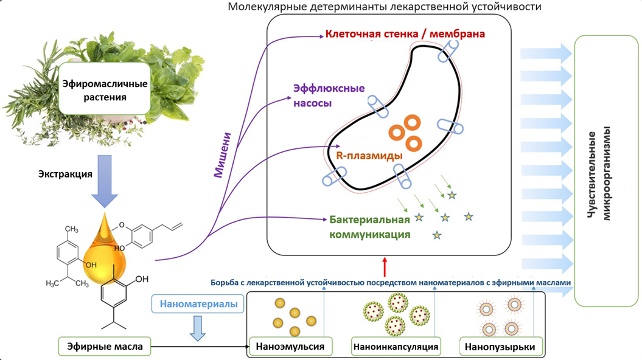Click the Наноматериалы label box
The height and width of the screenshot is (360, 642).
pos(198,303)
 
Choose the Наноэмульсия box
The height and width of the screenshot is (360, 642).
pos(295,347)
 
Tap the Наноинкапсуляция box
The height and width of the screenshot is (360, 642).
pos(396,347)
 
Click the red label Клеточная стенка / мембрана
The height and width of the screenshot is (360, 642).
pos(405,34)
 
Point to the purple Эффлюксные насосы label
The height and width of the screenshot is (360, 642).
pos(329,95)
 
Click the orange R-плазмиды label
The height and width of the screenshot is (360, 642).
pos(369,155)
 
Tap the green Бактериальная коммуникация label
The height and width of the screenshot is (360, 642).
pos(369,226)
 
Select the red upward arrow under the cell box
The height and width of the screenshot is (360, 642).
pos(385,266)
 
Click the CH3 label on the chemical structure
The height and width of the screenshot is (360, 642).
pos(71,229)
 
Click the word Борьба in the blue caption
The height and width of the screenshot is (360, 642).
pos(226,283)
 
